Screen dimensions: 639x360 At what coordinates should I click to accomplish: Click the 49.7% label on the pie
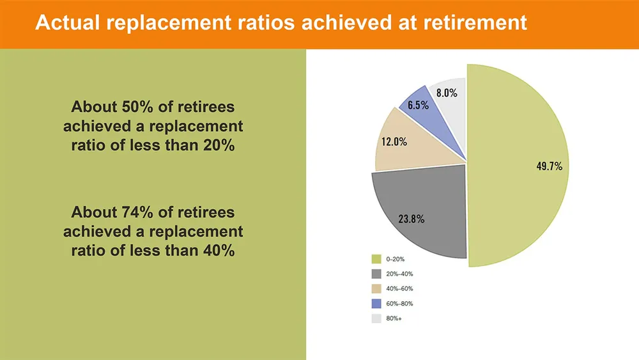pos(550,166)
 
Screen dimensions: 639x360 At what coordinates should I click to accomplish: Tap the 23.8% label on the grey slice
pos(411,219)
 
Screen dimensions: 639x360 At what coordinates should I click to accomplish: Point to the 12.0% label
pos(394,141)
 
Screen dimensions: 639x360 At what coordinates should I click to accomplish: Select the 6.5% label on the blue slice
pos(418,106)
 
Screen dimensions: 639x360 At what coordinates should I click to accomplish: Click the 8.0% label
pos(447,93)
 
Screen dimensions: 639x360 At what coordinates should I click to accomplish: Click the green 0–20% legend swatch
pos(376,259)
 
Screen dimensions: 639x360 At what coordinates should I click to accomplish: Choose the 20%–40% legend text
pos(399,274)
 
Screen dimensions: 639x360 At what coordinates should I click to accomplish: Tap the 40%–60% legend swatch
pos(376,288)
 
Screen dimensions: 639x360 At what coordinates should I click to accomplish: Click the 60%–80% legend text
pos(399,304)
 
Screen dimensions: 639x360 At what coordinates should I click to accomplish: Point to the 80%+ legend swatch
pos(376,318)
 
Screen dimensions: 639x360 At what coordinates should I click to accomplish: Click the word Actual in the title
pos(68,22)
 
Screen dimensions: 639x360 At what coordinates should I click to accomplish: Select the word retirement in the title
pos(475,22)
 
